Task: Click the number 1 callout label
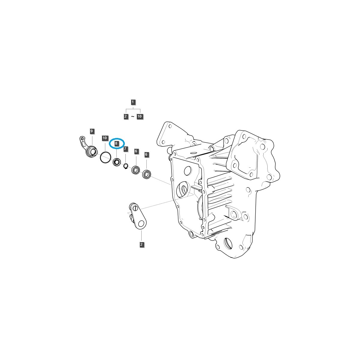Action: tap(133, 102)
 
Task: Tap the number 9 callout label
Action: tap(91, 131)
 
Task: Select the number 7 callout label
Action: tap(125, 149)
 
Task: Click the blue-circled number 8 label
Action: tap(116, 144)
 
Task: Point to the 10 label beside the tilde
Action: tap(140, 116)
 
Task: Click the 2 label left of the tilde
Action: tap(126, 116)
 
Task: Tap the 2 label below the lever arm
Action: tap(141, 245)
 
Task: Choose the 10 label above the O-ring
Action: tap(104, 138)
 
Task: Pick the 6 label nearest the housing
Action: tap(146, 154)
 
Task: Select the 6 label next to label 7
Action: tap(136, 151)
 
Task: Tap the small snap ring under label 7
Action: tap(126, 166)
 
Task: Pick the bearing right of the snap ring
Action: tap(136, 170)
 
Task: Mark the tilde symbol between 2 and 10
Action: tap(133, 116)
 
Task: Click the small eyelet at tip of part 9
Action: tap(82, 138)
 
